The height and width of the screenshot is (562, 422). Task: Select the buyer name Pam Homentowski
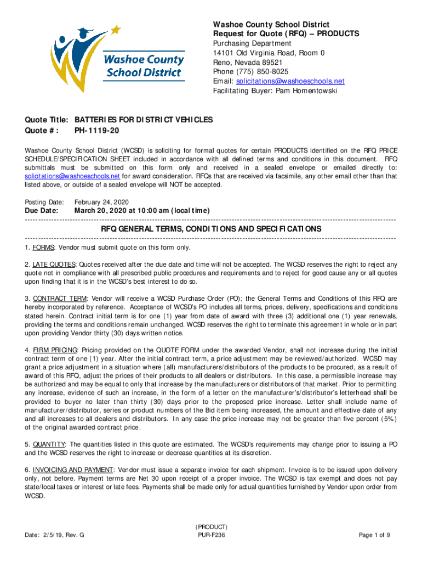(x=307, y=91)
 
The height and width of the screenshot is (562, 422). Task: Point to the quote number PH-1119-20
(x=96, y=131)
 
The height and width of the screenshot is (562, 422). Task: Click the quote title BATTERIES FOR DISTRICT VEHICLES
(x=144, y=120)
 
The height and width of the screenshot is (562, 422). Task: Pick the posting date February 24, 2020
(x=101, y=201)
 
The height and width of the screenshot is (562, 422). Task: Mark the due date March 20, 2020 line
(x=141, y=211)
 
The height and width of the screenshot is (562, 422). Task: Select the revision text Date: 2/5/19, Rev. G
(x=54, y=535)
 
